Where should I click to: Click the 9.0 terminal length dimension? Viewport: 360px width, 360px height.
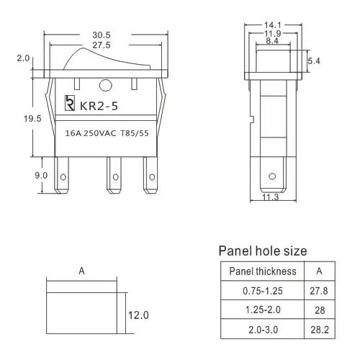pos(21,174)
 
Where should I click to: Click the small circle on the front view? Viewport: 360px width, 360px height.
pos(106,86)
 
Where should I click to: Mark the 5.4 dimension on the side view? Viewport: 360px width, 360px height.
pos(314,63)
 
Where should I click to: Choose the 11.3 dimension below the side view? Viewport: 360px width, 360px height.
pos(271,199)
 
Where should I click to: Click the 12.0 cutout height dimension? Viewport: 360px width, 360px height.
pos(138,315)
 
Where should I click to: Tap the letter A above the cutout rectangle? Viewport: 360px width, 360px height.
pos(82,272)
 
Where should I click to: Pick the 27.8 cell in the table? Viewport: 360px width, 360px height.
pos(319,291)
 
